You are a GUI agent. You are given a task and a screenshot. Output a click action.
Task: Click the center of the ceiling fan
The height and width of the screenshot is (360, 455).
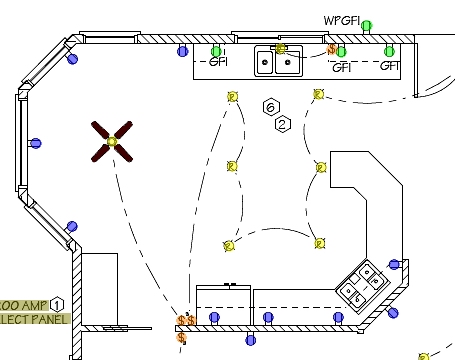[112, 142]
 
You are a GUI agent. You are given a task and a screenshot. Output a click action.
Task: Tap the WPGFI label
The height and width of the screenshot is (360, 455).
[341, 20]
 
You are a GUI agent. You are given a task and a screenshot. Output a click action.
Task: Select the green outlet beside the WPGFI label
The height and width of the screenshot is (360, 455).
[367, 25]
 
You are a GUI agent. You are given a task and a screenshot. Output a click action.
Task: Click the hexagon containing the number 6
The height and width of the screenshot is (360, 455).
[270, 106]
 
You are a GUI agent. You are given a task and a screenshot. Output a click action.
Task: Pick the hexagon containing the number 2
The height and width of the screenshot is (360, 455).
[282, 124]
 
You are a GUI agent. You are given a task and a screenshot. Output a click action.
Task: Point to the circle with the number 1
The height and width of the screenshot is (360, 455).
[58, 303]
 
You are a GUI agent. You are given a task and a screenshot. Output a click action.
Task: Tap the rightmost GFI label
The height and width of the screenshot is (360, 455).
[390, 66]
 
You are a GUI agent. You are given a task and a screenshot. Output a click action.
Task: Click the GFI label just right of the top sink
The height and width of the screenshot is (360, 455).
[341, 67]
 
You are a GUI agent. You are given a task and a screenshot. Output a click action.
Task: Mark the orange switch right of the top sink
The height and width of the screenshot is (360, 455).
[331, 48]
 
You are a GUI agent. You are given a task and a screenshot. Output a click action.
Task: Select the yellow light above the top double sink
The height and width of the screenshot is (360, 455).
[281, 48]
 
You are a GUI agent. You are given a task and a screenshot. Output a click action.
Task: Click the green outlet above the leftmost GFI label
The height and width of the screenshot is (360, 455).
[216, 50]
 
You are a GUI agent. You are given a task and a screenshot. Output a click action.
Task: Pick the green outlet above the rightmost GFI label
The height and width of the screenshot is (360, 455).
[390, 51]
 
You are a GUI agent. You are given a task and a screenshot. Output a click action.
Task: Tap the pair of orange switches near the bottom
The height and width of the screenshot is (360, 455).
[185, 320]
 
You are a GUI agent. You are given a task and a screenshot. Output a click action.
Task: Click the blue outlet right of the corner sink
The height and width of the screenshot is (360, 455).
[394, 265]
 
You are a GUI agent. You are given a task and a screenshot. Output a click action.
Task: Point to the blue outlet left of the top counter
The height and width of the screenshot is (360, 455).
[182, 50]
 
